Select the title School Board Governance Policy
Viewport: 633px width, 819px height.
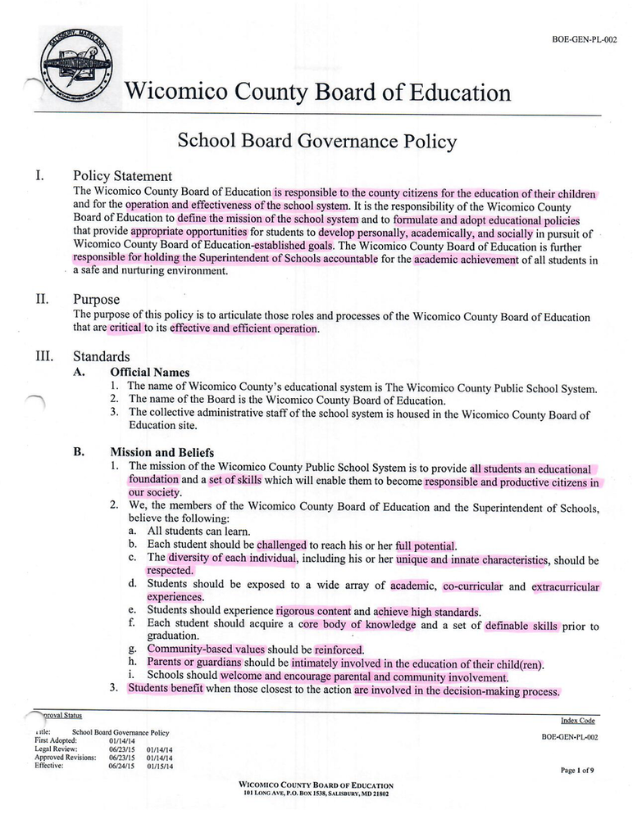tap(316, 141)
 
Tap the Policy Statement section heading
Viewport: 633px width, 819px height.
tap(122, 176)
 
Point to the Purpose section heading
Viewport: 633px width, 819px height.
tap(96, 300)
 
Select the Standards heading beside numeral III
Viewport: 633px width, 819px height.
tap(101, 357)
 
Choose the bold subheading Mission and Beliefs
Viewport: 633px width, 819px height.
tap(162, 452)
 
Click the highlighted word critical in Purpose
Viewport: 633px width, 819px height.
tap(125, 328)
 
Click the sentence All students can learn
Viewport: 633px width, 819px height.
tap(198, 531)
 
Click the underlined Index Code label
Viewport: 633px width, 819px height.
tap(577, 721)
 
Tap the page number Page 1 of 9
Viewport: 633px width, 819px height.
tap(578, 771)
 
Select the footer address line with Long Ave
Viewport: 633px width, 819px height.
tap(316, 794)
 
